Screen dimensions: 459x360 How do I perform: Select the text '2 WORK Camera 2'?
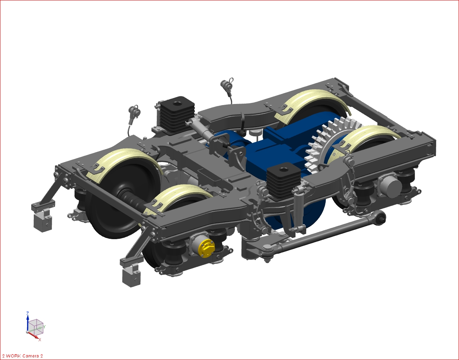click(22, 356)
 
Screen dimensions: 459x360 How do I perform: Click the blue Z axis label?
click(28, 313)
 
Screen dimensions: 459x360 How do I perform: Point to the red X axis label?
click(40, 339)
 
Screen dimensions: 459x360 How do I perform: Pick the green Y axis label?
click(44, 327)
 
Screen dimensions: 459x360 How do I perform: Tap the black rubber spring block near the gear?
click(283, 181)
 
